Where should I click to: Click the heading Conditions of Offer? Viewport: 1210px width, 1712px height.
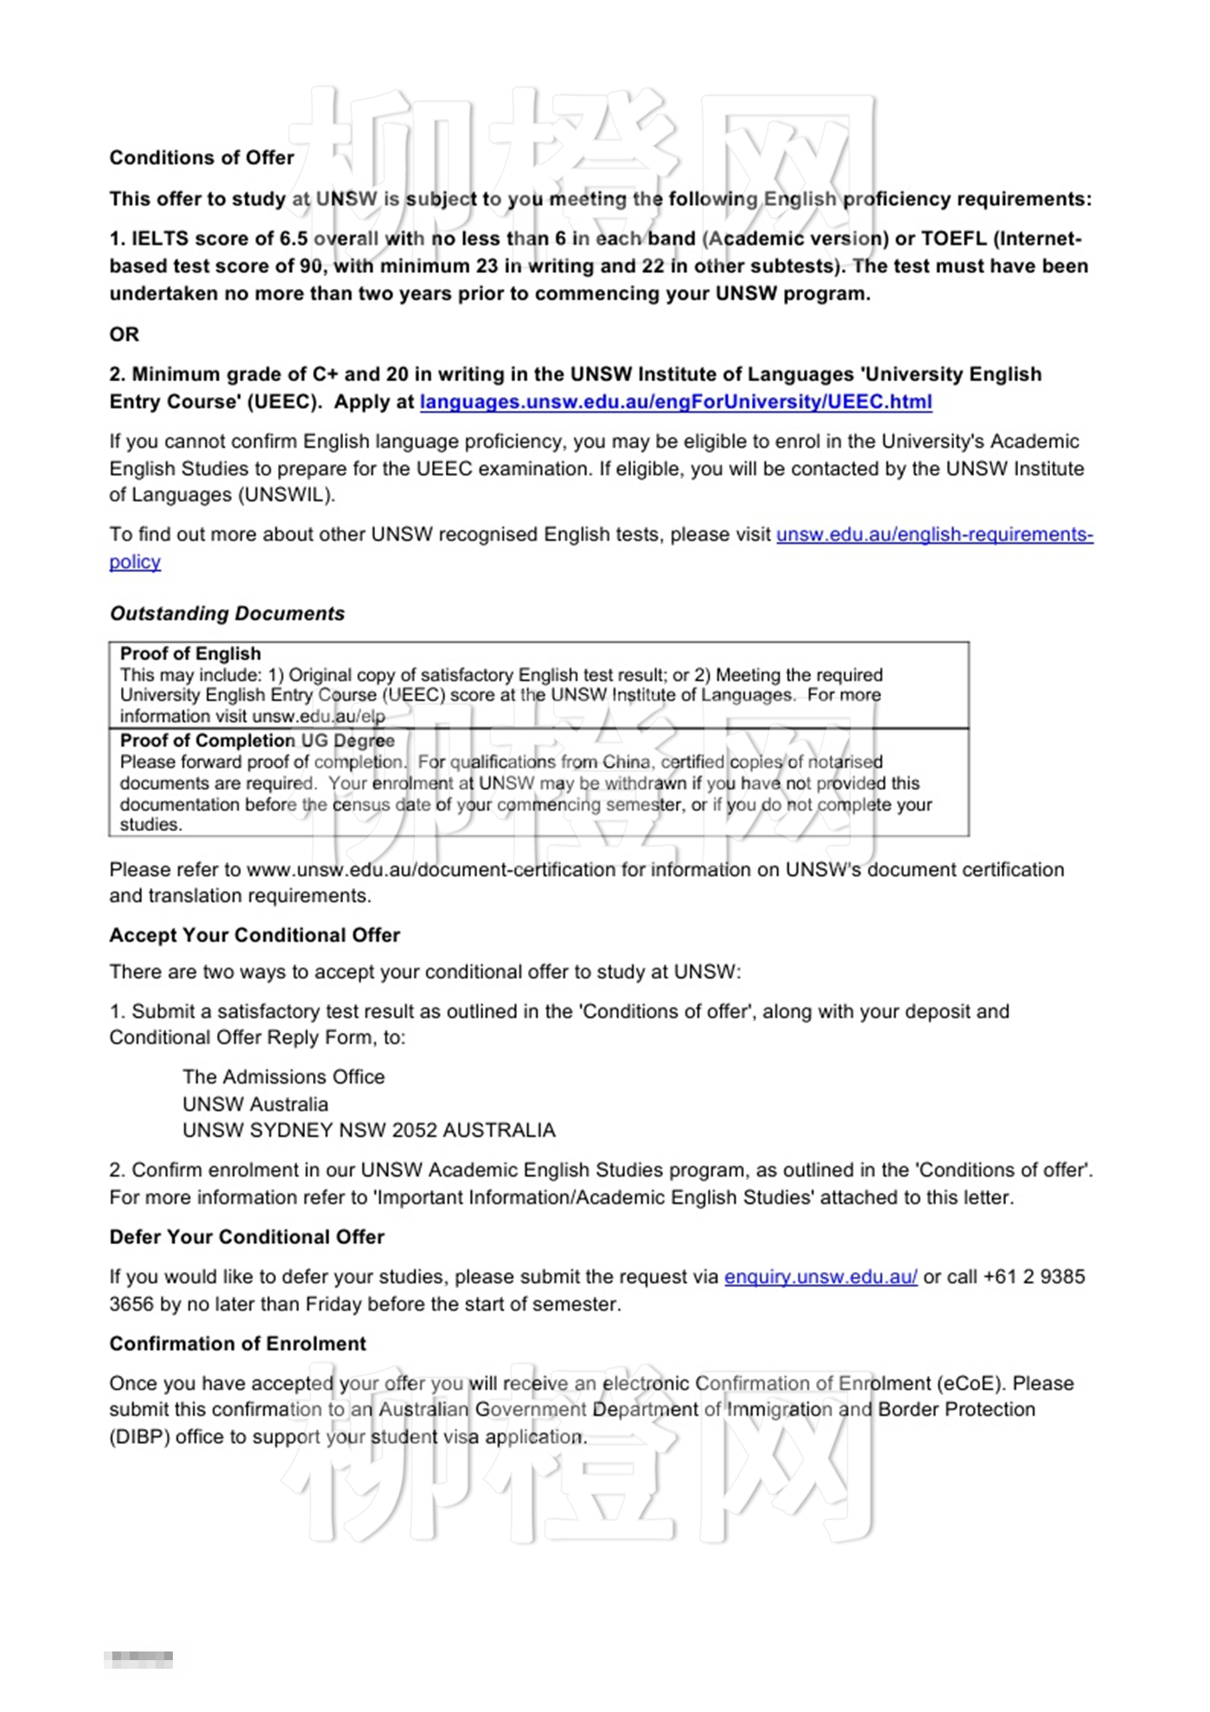click(x=201, y=158)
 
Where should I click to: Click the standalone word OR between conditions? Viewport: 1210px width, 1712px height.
click(x=124, y=335)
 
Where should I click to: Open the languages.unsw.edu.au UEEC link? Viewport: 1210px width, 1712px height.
click(x=675, y=402)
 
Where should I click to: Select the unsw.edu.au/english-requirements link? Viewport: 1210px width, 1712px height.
click(x=933, y=535)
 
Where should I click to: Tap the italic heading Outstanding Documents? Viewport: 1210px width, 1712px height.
click(x=226, y=614)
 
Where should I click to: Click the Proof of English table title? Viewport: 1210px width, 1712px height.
click(x=190, y=655)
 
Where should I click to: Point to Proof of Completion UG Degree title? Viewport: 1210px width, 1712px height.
click(x=257, y=741)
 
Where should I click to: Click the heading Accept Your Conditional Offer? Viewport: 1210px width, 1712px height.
click(x=254, y=936)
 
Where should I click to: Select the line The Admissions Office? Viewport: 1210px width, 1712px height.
click(x=283, y=1077)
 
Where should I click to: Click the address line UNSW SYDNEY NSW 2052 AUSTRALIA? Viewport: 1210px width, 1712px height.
click(x=368, y=1131)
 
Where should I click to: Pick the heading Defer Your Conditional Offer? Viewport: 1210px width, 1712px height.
click(x=246, y=1237)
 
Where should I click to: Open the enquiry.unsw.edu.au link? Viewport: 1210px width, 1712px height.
click(x=820, y=1277)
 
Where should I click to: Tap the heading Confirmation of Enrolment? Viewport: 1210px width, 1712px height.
click(x=238, y=1345)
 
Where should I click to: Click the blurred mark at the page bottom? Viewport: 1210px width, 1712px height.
click(x=138, y=1659)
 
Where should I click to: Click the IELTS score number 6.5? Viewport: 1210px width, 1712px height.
click(x=293, y=240)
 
